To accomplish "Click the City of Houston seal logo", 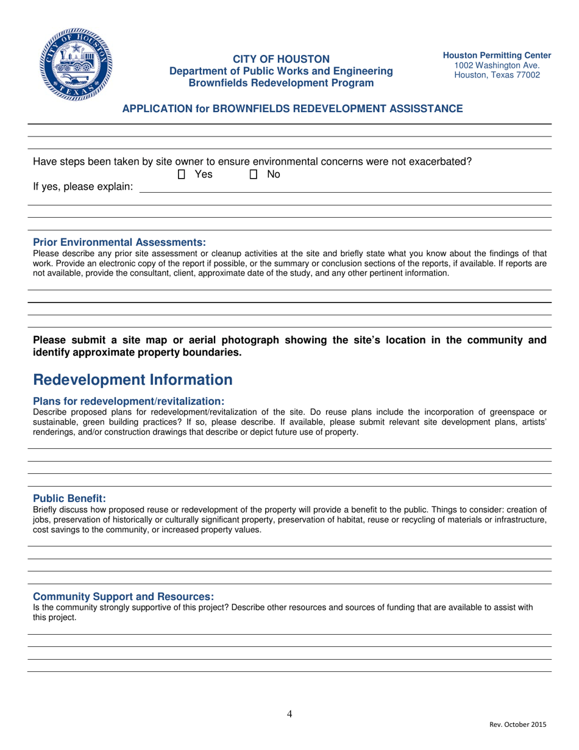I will click(76, 65).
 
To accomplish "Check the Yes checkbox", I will click(182, 174).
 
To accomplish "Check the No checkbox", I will click(254, 174).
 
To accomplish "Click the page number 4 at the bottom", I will click(289, 714).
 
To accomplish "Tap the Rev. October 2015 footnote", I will click(518, 724).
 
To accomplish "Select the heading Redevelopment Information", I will click(132, 380).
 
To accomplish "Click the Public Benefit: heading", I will click(69, 498).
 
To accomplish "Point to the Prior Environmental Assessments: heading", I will click(119, 242).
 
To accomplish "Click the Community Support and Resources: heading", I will click(123, 596).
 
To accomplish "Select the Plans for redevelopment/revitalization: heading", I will click(129, 401).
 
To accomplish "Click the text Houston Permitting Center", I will click(497, 55).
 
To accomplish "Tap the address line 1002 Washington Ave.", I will click(497, 65).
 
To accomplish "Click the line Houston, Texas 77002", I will click(497, 75).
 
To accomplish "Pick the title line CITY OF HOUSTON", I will click(281, 59).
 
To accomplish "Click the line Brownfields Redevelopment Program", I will click(281, 83).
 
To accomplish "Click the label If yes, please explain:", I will click(83, 187).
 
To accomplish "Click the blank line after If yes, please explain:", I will click(345, 190).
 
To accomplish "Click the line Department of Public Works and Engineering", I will click(281, 71).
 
